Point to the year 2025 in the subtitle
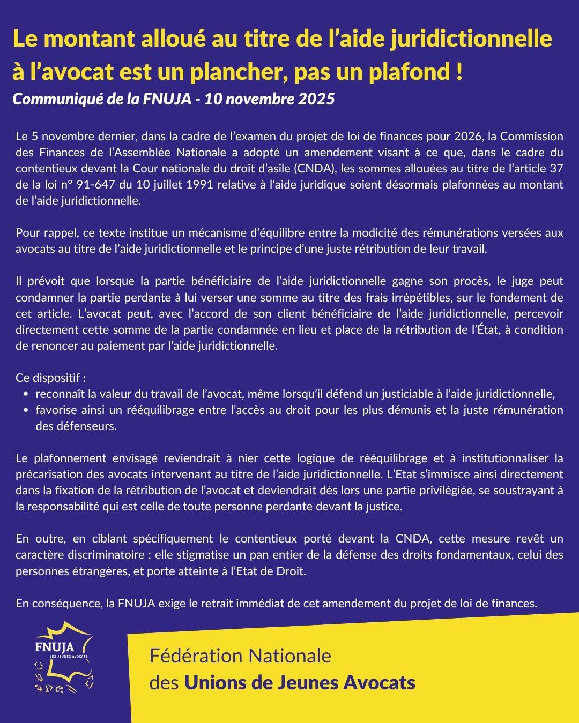(317, 99)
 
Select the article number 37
(556, 168)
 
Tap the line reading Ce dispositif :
(51, 378)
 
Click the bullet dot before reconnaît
(26, 394)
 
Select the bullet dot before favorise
(26, 410)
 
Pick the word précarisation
(49, 474)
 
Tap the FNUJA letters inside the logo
(54, 647)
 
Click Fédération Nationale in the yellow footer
(240, 656)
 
